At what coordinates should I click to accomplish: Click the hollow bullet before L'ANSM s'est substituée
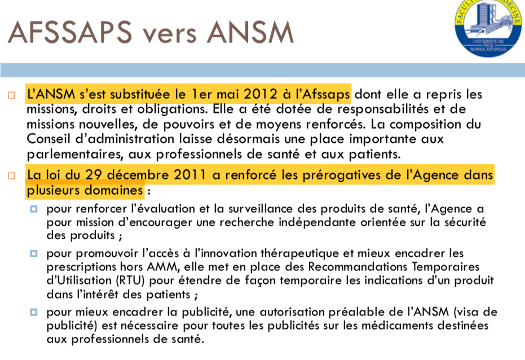point(12,95)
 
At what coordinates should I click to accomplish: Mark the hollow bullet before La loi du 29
point(12,175)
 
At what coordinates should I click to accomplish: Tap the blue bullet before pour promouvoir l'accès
point(34,254)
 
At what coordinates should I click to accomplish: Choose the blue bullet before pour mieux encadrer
point(34,311)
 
